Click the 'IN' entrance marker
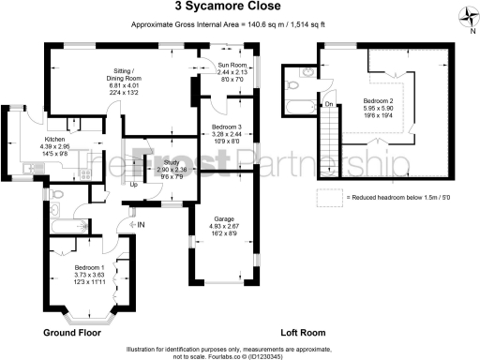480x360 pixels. click(142, 225)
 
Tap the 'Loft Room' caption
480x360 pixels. click(303, 333)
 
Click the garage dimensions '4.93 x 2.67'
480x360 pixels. click(223, 226)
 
